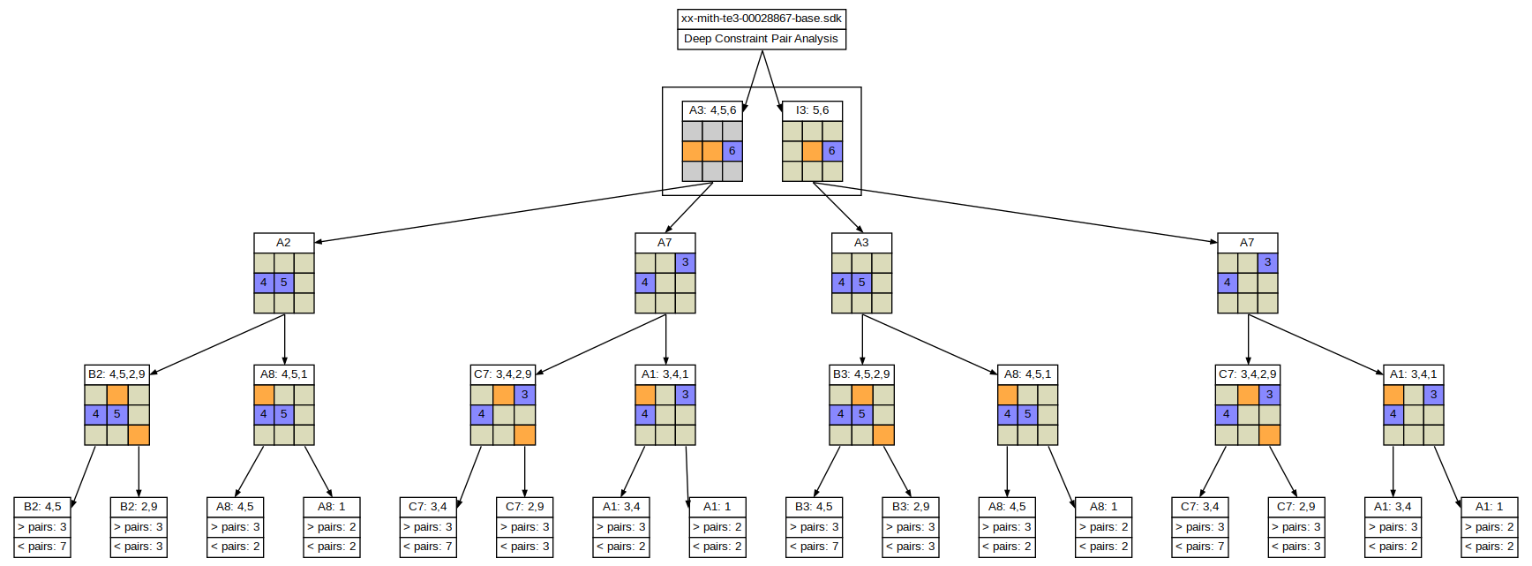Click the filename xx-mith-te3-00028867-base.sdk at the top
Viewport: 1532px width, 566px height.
tap(761, 19)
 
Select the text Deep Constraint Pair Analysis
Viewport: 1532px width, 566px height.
tap(761, 39)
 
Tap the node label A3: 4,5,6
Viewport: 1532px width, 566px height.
tap(712, 110)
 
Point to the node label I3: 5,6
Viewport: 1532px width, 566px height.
tap(812, 110)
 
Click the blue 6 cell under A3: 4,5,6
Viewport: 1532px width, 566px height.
tap(732, 151)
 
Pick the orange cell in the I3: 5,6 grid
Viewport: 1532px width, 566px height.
tap(812, 151)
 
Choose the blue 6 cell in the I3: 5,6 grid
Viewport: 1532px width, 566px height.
tap(832, 151)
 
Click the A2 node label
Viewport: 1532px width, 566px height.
tap(283, 242)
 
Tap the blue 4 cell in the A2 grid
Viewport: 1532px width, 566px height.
tap(264, 283)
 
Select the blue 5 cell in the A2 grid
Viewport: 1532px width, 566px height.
tap(283, 283)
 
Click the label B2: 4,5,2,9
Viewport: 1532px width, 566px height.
tap(116, 374)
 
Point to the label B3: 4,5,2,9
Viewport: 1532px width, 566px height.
tap(861, 374)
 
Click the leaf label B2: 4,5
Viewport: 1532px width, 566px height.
tap(42, 507)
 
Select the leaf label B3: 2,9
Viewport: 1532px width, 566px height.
tap(910, 507)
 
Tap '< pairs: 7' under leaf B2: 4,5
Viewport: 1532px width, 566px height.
tap(42, 547)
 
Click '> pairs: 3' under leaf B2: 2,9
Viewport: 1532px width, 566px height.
tap(139, 527)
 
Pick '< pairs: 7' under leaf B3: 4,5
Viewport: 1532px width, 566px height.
tap(814, 547)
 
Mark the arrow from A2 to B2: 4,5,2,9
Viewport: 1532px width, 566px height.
tap(217, 344)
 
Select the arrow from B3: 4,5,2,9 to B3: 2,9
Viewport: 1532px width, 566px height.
tap(897, 472)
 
